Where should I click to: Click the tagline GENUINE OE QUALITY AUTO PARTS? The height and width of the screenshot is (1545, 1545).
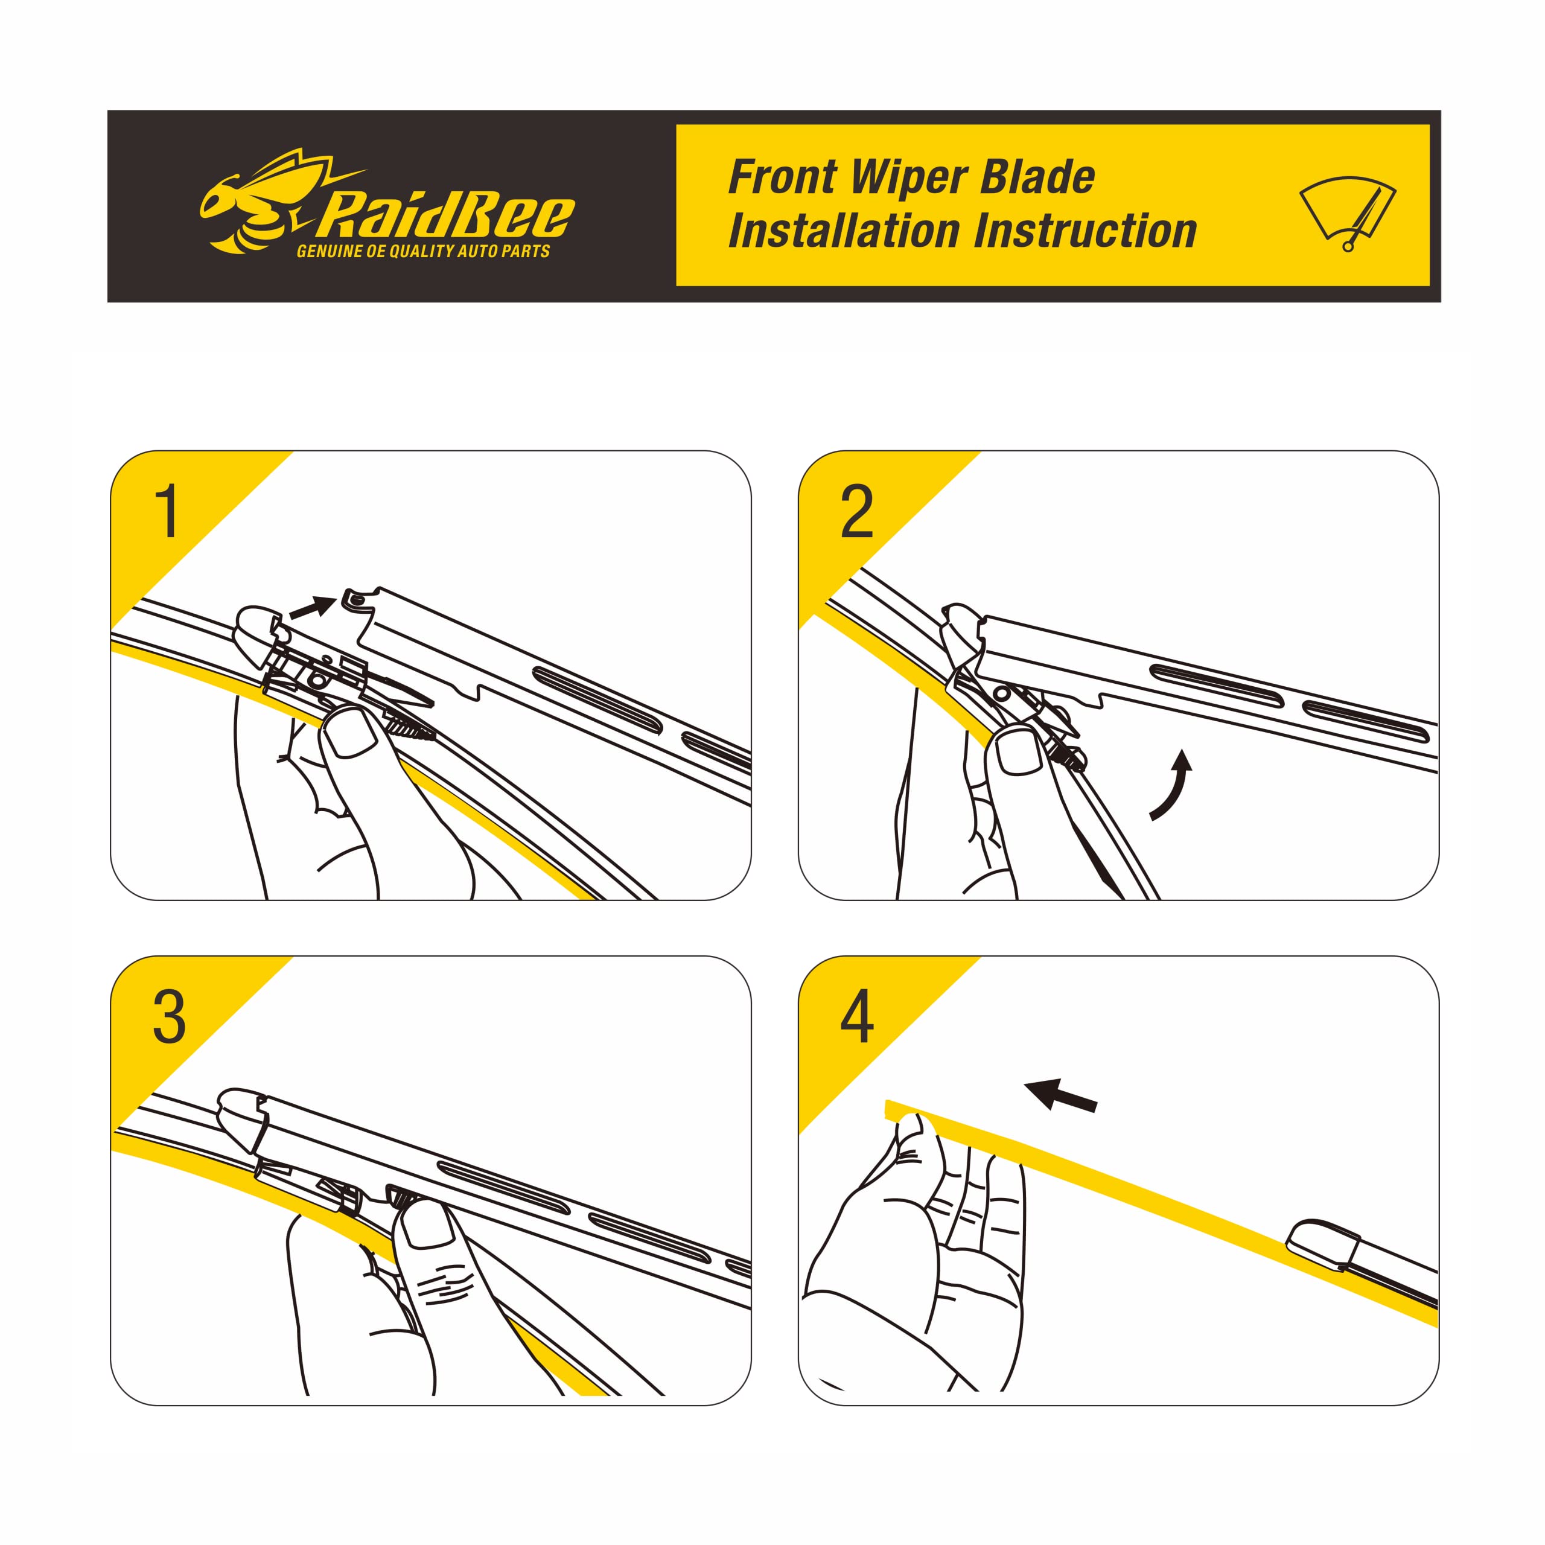423,252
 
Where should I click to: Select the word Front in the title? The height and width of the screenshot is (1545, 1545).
782,177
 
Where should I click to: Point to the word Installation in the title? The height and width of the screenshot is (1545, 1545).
843,232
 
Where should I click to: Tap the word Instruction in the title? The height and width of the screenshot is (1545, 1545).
1085,232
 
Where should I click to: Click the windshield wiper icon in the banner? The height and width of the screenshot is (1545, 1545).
1348,212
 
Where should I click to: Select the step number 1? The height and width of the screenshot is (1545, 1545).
168,512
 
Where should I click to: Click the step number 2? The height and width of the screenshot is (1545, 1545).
856,512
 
